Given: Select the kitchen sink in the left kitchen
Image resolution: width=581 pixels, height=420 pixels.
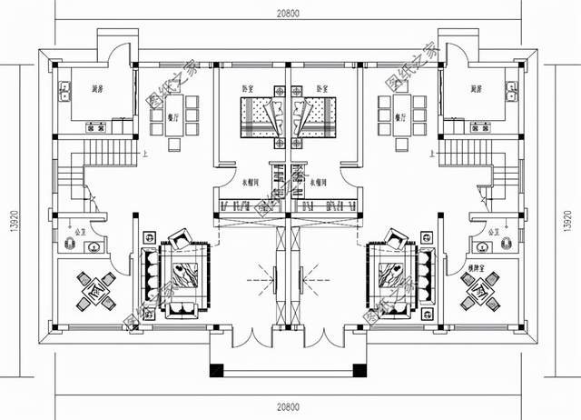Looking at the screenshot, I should [66, 91].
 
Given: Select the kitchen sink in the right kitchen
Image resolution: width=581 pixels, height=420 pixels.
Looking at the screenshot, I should [513, 91].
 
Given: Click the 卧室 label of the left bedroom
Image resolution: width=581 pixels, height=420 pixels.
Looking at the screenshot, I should [247, 89].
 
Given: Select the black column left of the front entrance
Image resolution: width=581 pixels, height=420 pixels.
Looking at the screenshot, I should [216, 370].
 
